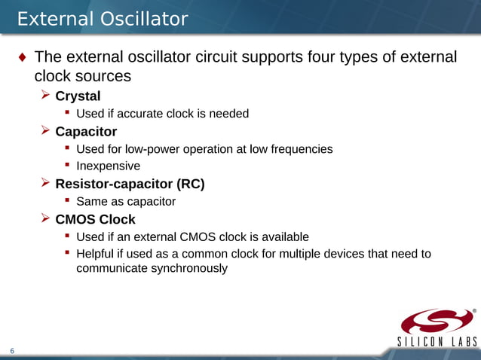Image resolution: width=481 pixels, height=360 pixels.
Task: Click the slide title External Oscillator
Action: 103,19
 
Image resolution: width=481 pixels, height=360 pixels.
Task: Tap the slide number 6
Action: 12,350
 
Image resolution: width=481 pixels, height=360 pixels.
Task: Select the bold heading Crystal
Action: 78,96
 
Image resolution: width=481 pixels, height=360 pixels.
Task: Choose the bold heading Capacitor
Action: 86,132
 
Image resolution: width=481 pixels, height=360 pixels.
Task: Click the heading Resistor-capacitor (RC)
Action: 130,184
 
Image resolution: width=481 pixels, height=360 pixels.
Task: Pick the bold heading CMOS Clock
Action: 95,219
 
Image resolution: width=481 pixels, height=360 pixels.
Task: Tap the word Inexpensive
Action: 108,166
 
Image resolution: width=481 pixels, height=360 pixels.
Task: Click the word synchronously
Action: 152,267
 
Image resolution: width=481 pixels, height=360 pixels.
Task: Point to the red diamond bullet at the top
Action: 22,58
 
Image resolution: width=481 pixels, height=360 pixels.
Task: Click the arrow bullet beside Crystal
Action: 45,96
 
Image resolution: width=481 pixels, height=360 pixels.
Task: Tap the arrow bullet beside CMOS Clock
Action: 45,218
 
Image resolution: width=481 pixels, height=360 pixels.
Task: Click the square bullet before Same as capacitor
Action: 67,200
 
